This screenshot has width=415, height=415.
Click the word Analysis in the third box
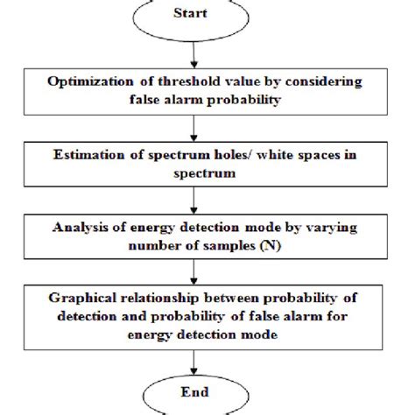86,225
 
